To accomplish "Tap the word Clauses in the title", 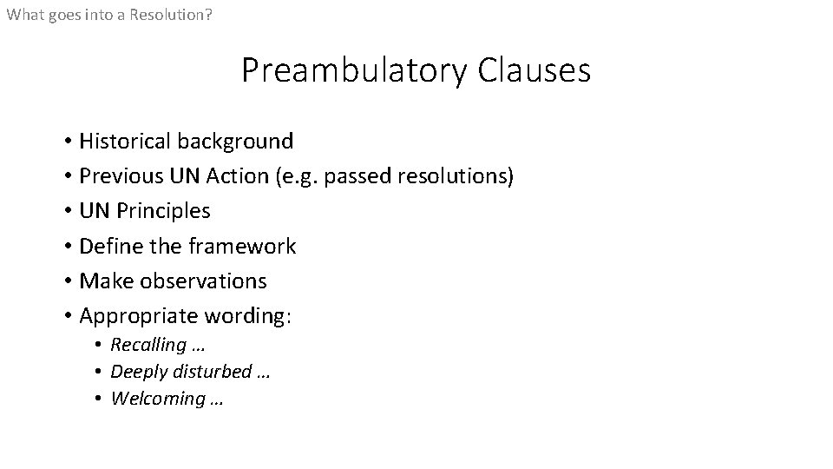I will point(534,69).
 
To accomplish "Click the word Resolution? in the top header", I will point(171,15).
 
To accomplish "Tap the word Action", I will point(238,176).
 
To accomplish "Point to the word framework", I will point(241,247).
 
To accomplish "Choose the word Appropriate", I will point(137,317).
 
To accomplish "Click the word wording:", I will point(248,317).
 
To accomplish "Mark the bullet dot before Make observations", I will point(67,281).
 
